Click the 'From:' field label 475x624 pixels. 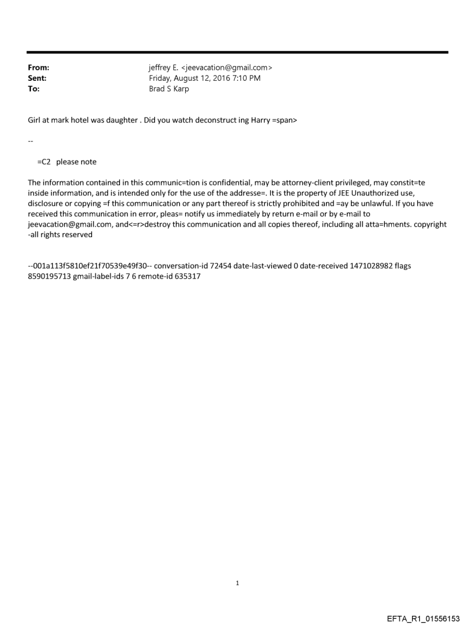38,68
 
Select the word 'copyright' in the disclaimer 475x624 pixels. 427,224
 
